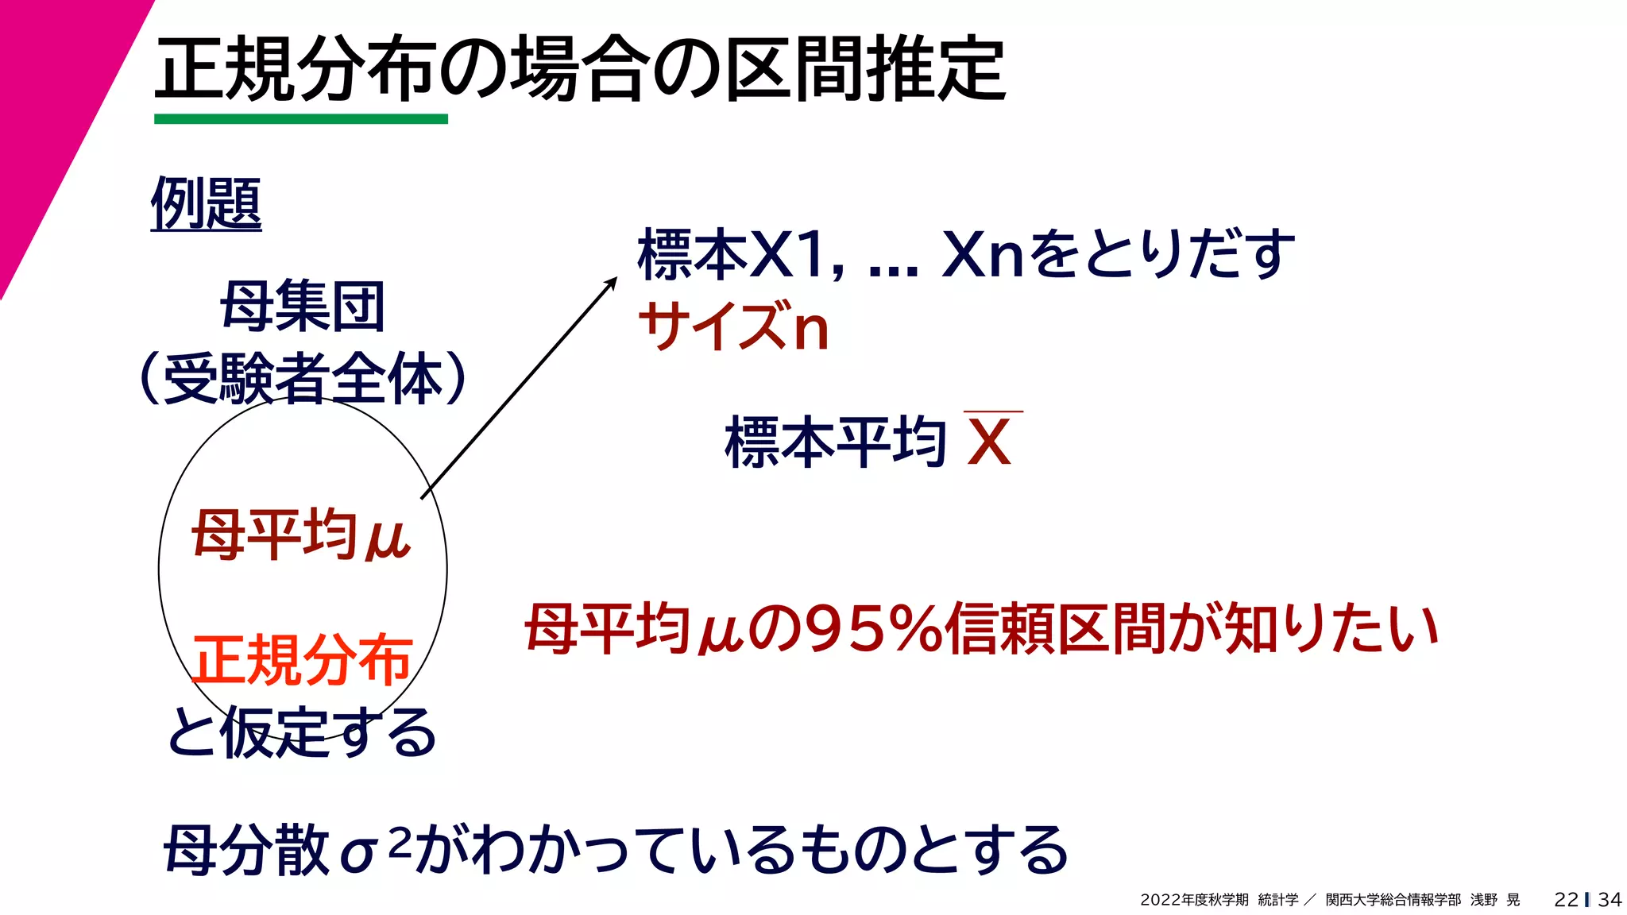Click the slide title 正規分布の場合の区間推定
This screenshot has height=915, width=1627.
580,70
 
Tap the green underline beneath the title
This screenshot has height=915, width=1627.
300,119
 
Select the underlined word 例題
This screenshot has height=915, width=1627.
206,203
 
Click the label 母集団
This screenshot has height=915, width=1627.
302,307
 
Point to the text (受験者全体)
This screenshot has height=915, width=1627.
302,378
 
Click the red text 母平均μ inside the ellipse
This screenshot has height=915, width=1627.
300,535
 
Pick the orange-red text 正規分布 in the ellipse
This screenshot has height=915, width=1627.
302,659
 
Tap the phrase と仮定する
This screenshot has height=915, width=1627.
302,732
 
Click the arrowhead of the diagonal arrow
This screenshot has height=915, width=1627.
612,281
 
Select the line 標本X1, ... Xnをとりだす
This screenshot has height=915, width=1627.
965,254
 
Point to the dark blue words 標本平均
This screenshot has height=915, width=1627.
834,442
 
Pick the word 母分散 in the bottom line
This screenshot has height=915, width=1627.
246,850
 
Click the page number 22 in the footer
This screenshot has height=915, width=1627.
1566,899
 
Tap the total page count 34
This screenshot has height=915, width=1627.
1610,899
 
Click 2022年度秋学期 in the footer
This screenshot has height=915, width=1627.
1194,900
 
